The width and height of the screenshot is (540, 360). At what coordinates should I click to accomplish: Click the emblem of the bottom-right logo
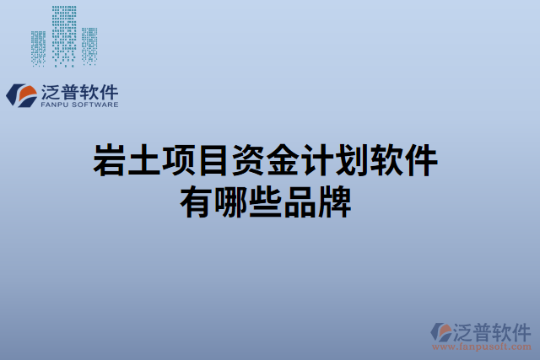coord(441,332)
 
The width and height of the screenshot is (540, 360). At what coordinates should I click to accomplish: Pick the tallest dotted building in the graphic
coord(63,34)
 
